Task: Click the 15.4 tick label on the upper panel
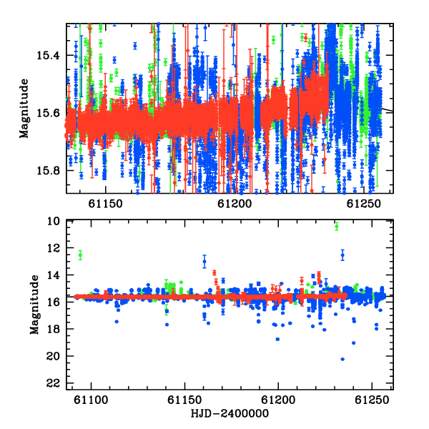(48, 56)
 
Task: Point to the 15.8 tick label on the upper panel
(48, 170)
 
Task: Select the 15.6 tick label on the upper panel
(48, 113)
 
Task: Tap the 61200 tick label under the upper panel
(235, 204)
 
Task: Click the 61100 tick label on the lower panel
(91, 400)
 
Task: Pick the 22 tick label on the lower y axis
(53, 383)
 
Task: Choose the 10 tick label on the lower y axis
(53, 221)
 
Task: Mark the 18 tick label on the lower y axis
(53, 329)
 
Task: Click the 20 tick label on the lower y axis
(53, 356)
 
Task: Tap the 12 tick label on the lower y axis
(53, 248)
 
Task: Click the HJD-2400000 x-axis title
(230, 413)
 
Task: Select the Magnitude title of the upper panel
(24, 109)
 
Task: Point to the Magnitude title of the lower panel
(34, 305)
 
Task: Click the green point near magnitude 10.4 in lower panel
(337, 226)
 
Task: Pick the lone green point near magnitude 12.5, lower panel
(80, 255)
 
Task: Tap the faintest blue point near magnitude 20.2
(342, 359)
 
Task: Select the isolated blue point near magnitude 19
(353, 342)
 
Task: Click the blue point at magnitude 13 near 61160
(204, 261)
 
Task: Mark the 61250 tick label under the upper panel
(364, 204)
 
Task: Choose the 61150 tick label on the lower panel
(184, 400)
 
